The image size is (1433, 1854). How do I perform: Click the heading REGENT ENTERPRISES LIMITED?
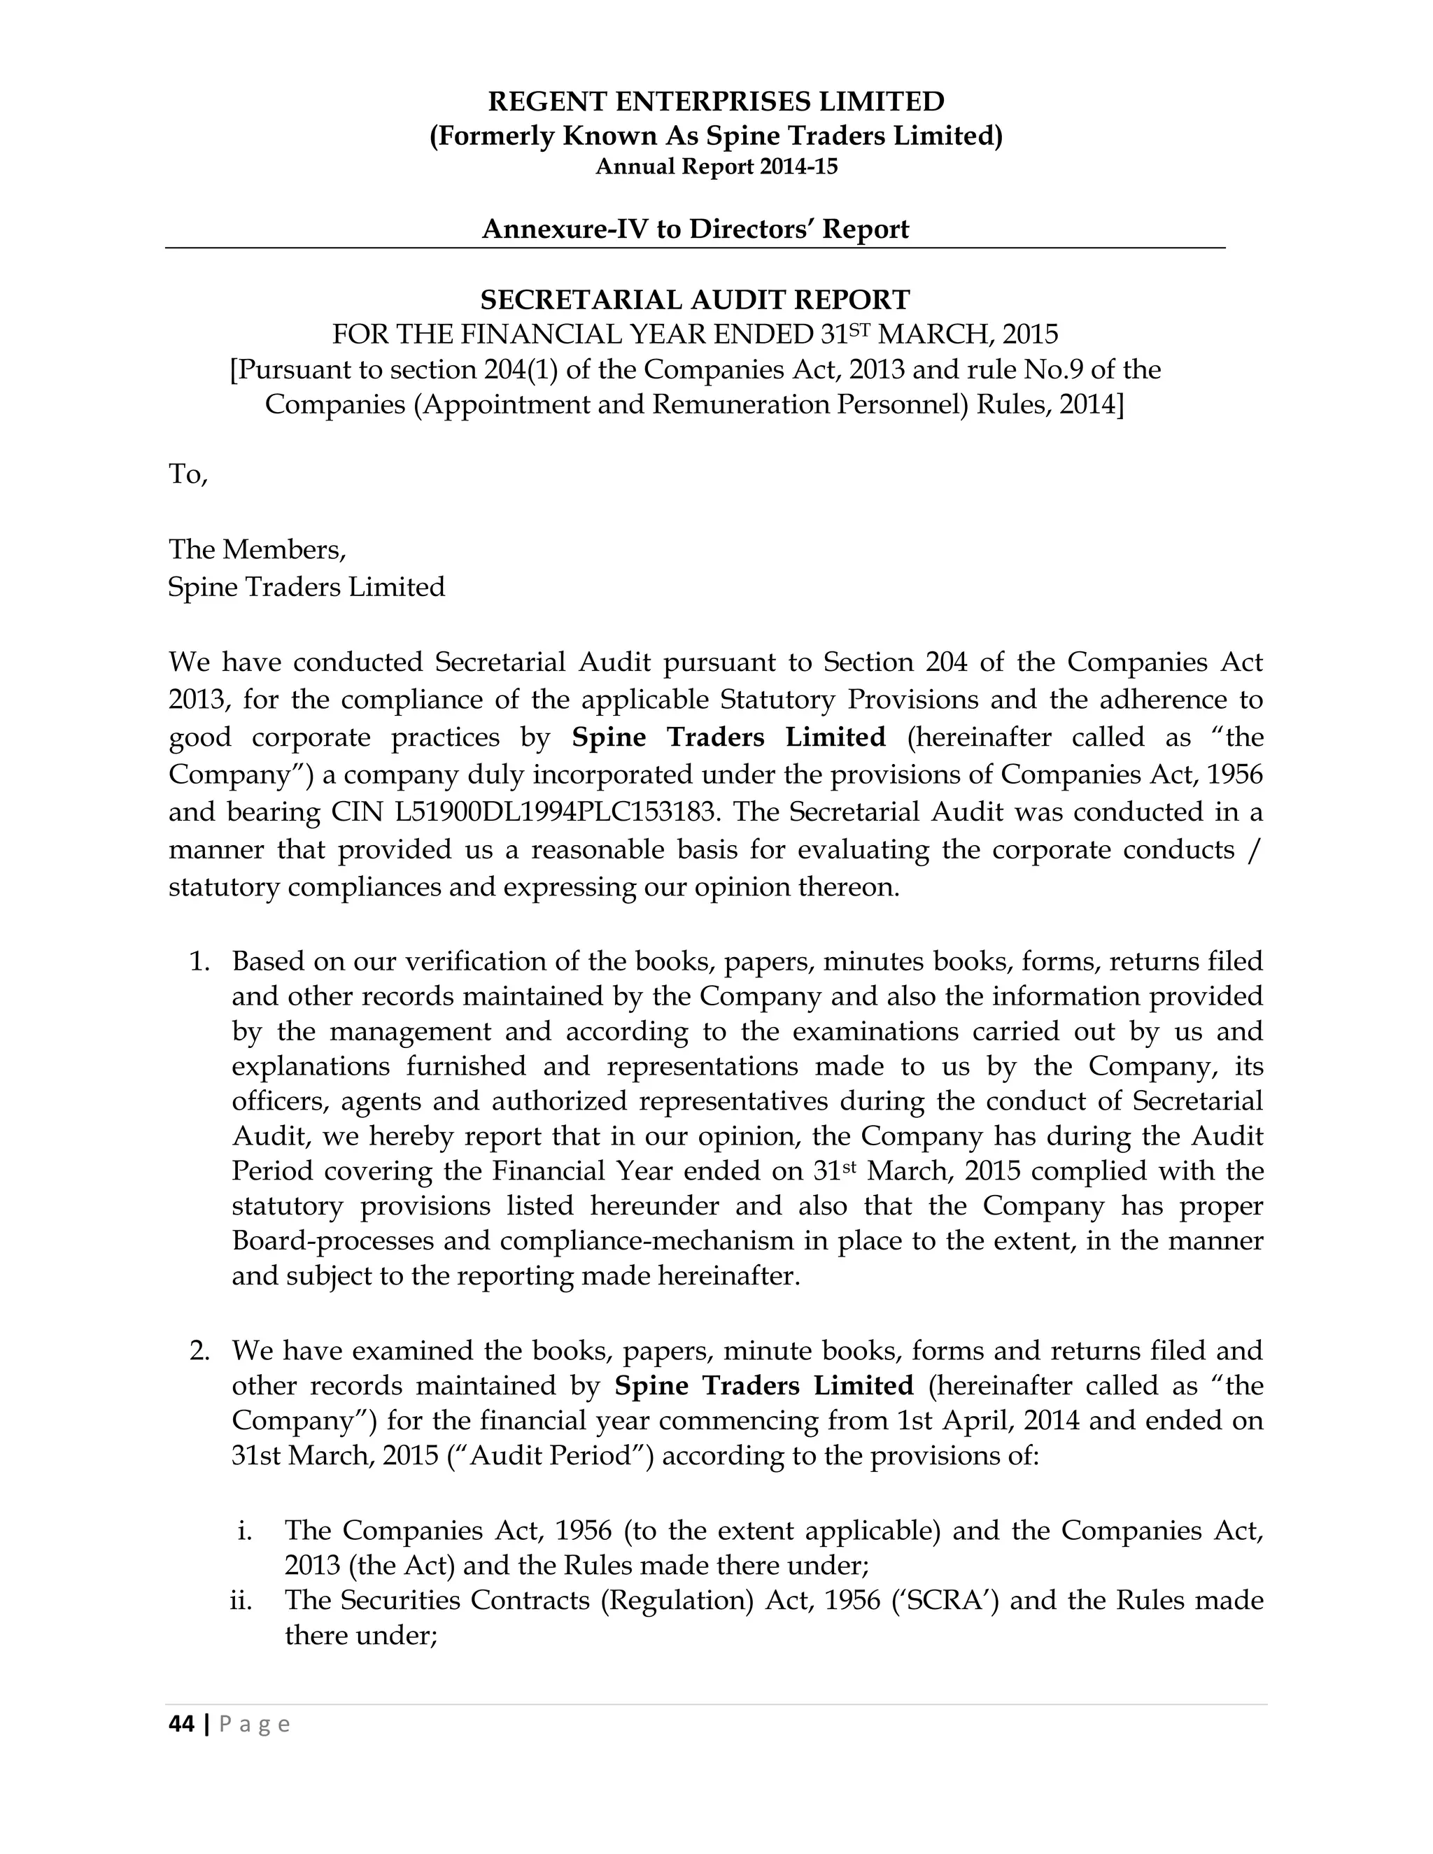tap(716, 102)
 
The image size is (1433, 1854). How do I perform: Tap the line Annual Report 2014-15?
tap(716, 167)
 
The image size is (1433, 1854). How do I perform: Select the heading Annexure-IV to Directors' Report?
tap(694, 229)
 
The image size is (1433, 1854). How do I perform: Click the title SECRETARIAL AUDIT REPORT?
tap(694, 299)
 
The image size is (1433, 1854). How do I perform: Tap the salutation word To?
tap(188, 474)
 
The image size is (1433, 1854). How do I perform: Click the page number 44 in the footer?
tap(181, 1724)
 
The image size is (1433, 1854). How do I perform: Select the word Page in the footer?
tap(255, 1724)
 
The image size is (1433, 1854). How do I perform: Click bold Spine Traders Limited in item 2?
tap(763, 1386)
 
